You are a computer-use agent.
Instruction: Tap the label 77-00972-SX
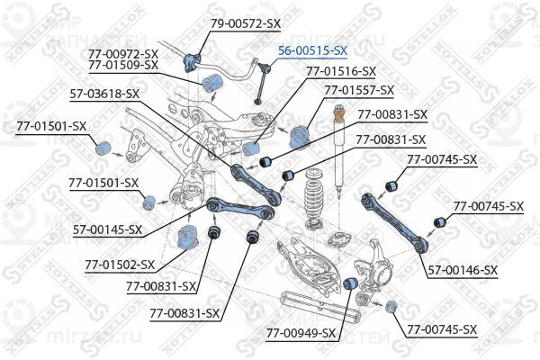click(x=124, y=54)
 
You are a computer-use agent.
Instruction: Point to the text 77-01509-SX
click(x=124, y=65)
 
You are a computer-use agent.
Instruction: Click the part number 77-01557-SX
click(x=359, y=90)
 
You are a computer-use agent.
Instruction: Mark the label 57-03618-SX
click(x=105, y=93)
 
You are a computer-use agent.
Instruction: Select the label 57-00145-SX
click(x=107, y=229)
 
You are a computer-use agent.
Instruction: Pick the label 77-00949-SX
click(x=301, y=333)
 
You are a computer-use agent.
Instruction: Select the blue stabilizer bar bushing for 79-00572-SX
click(x=191, y=61)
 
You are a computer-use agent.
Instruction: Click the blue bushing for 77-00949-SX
click(x=354, y=285)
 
